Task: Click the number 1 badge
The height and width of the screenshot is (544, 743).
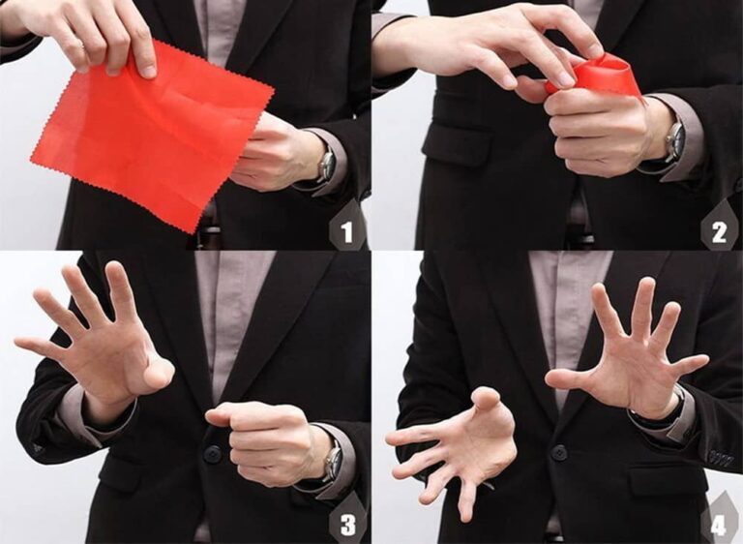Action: pyautogui.click(x=347, y=231)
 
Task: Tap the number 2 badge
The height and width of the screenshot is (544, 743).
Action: pyautogui.click(x=720, y=231)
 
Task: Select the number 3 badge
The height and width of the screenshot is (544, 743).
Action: pyautogui.click(x=348, y=525)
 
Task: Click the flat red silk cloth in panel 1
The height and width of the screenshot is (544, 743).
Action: pyautogui.click(x=152, y=137)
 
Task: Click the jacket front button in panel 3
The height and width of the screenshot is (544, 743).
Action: pyautogui.click(x=213, y=454)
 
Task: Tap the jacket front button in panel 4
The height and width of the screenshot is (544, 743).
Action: pyautogui.click(x=559, y=452)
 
